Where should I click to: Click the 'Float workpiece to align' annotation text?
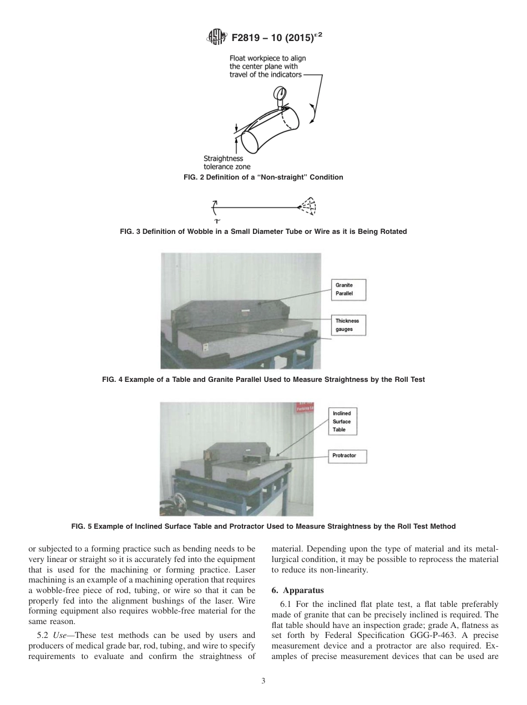pos(267,58)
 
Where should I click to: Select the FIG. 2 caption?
pos(263,177)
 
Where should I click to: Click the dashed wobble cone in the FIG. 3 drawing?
pos(307,206)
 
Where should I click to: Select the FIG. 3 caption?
pos(263,232)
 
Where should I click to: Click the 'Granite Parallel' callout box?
pos(348,289)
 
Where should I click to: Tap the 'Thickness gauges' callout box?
pos(348,325)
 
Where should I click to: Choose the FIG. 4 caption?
pos(263,380)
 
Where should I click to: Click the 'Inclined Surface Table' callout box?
pos(342,422)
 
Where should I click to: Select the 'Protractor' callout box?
pos(348,456)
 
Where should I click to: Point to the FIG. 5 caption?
pos(263,526)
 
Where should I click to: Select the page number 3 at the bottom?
pos(263,681)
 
